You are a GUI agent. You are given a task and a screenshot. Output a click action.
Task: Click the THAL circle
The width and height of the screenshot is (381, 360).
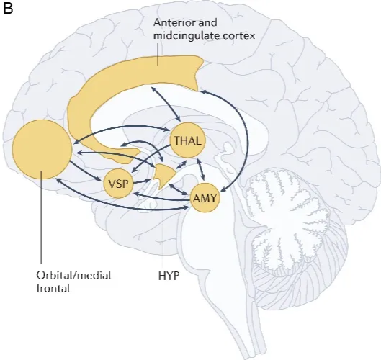(x=185, y=139)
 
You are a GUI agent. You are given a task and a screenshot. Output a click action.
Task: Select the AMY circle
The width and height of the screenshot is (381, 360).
(x=205, y=197)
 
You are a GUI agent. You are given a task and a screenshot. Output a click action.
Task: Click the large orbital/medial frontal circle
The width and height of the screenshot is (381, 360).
(x=42, y=150)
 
